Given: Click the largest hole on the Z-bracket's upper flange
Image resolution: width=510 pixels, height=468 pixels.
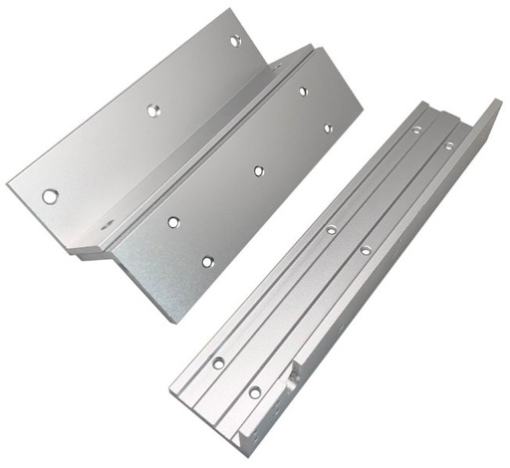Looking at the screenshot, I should pyautogui.click(x=50, y=196).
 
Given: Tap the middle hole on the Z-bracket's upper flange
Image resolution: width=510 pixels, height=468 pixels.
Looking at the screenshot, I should pyautogui.click(x=153, y=111).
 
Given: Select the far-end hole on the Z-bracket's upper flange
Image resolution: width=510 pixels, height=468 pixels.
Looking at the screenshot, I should pyautogui.click(x=236, y=41).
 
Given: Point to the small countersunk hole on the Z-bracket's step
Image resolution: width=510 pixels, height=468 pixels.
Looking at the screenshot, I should pyautogui.click(x=107, y=224).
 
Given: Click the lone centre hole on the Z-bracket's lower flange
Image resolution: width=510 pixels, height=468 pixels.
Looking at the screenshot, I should pyautogui.click(x=258, y=171).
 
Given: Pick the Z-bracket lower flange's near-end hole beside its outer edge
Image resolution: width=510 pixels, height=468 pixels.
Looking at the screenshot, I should pyautogui.click(x=207, y=262).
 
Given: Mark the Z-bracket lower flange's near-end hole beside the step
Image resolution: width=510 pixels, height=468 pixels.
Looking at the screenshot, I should pyautogui.click(x=173, y=222).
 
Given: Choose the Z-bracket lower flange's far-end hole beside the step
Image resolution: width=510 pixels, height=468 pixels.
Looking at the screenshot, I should pyautogui.click(x=303, y=92).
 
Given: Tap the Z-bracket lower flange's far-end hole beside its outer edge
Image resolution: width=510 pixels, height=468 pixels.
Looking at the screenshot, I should pyautogui.click(x=327, y=127).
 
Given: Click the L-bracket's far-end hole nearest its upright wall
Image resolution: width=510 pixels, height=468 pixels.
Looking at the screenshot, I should pyautogui.click(x=448, y=146).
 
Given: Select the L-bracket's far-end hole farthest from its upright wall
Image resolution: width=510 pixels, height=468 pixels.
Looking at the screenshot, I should pyautogui.click(x=416, y=128).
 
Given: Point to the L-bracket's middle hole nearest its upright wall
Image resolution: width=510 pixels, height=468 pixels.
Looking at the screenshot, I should pyautogui.click(x=366, y=250).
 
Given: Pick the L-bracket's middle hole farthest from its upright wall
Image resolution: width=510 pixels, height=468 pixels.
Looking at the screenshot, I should pyautogui.click(x=331, y=230).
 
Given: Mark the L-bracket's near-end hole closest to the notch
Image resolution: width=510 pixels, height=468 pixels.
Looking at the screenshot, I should pyautogui.click(x=254, y=392).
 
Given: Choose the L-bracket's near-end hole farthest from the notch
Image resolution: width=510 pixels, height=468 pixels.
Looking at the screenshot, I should pyautogui.click(x=218, y=363).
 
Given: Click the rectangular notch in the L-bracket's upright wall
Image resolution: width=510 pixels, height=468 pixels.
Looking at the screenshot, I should pyautogui.click(x=292, y=379).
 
